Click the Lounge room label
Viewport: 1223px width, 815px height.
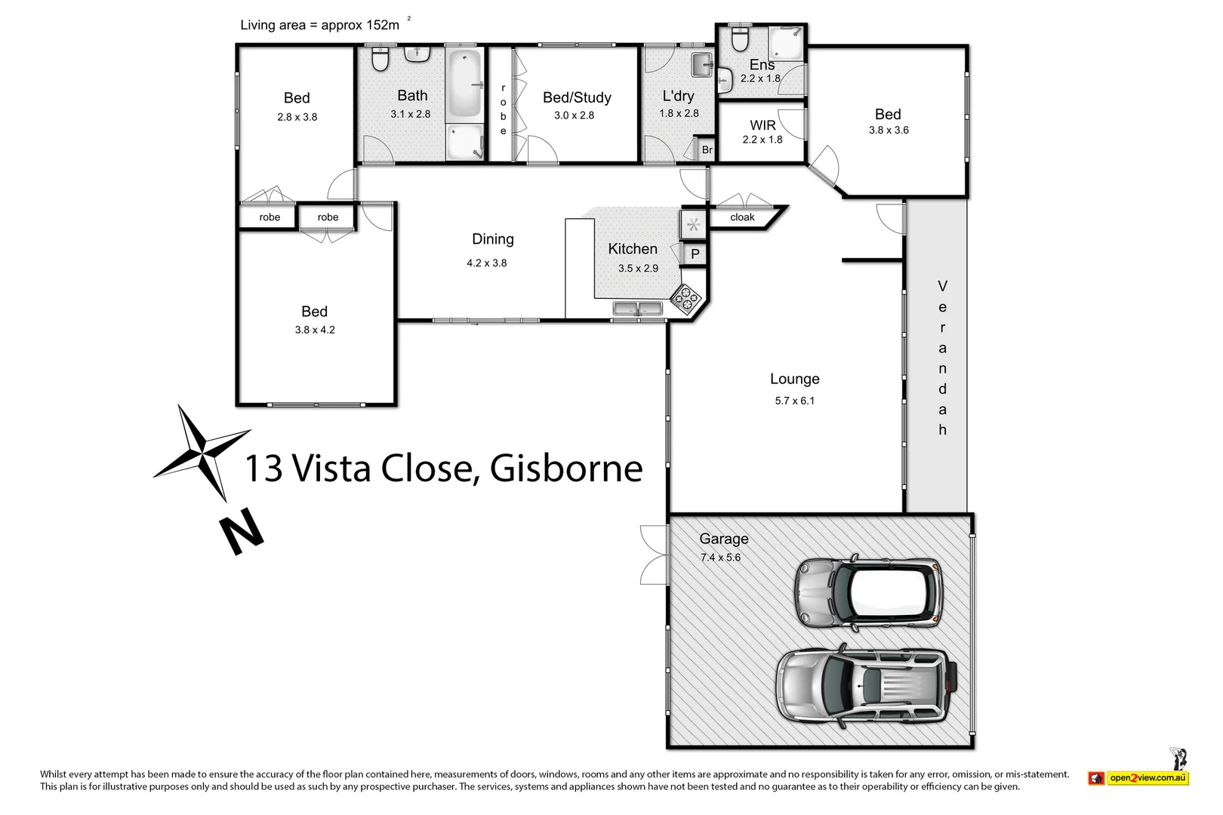point(794,379)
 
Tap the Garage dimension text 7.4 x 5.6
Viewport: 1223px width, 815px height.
point(720,558)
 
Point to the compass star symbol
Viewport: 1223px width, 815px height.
point(202,453)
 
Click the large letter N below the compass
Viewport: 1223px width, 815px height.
point(242,531)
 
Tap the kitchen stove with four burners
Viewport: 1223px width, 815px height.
point(686,299)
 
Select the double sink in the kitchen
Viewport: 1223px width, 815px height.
point(638,308)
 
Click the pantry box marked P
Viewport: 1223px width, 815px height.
point(695,254)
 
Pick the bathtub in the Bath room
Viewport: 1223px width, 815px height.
point(464,84)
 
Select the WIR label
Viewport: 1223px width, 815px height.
point(762,125)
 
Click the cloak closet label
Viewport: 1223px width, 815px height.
point(742,217)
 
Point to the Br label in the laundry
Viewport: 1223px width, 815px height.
point(707,149)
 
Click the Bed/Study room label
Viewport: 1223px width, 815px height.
point(577,97)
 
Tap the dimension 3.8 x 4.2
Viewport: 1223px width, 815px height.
point(315,330)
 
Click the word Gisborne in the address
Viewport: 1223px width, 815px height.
point(566,468)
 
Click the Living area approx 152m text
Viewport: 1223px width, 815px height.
point(320,25)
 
